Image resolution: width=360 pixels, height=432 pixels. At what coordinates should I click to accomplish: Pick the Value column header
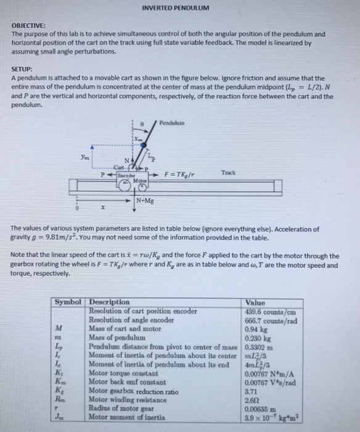(255, 302)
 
